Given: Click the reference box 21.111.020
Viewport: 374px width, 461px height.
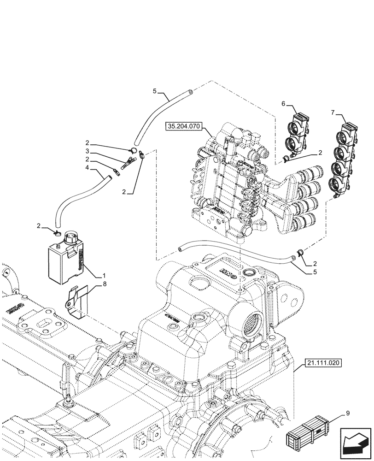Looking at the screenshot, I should click(x=322, y=364).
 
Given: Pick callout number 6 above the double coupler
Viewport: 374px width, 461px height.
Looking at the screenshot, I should click(x=283, y=105).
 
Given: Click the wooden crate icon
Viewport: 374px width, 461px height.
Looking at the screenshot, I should click(x=308, y=434).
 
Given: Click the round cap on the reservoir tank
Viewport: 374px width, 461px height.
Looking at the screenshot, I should click(x=71, y=238).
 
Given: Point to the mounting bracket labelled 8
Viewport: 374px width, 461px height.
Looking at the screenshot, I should click(x=76, y=302).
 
